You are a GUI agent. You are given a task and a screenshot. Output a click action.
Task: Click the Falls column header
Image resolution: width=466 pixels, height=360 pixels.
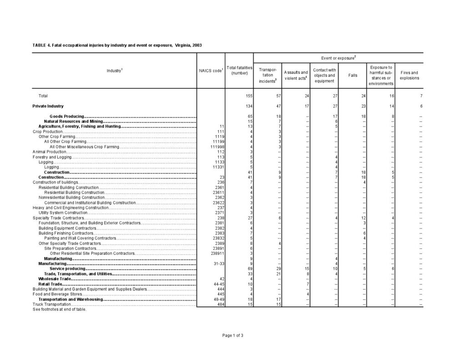(x=353, y=75)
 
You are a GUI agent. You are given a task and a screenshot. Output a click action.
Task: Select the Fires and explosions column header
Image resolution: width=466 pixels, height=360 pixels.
(x=409, y=75)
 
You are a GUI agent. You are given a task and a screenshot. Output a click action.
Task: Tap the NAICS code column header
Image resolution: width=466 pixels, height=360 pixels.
(x=211, y=71)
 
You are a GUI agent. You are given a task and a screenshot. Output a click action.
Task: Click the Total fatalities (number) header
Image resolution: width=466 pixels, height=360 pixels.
(x=239, y=71)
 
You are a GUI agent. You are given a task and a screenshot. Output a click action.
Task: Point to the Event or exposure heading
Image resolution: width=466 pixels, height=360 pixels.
(x=338, y=58)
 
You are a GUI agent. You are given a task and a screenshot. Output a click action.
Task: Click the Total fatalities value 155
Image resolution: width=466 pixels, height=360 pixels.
(x=248, y=96)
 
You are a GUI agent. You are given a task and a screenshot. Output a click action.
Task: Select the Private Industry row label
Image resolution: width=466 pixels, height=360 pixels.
(x=48, y=106)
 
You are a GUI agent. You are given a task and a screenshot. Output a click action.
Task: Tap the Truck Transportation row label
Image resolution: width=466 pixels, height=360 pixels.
(x=52, y=304)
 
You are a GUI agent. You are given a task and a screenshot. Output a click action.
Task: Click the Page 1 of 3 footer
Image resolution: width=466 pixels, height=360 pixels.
(x=233, y=335)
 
